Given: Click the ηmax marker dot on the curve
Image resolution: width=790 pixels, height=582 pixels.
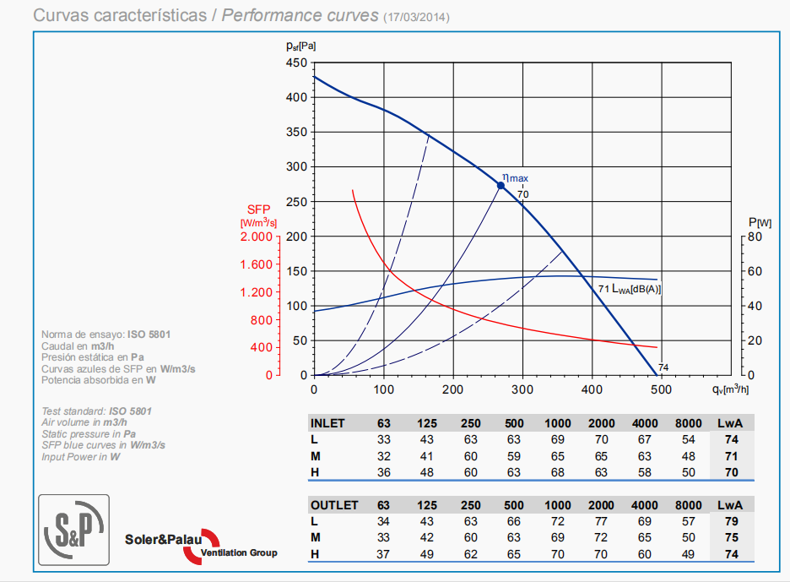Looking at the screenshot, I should coord(501,186).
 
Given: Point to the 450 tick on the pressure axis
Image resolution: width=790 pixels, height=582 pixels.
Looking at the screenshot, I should coord(296,63).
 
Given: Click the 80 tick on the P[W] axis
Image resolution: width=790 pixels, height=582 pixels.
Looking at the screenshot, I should coord(754,237).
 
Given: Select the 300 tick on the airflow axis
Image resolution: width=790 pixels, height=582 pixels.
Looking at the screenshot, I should coord(522,389).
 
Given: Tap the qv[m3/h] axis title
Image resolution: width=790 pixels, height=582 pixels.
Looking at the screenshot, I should coord(730,389).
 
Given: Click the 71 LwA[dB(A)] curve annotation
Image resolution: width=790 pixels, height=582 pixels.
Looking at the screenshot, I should coord(630,290).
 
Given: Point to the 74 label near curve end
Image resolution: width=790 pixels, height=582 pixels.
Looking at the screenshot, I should coord(663,367).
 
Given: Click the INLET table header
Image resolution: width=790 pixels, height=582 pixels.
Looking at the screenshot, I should coord(327,423).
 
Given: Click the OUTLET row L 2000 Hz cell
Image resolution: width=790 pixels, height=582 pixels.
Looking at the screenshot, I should coord(601,521).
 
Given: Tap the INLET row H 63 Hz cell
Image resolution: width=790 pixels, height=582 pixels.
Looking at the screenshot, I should coord(383,472).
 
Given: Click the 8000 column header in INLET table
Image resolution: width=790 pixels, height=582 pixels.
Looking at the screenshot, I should coord(689,423).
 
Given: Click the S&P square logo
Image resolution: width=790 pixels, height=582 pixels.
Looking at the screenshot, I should coord(73,529).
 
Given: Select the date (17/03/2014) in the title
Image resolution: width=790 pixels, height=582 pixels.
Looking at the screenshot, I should coord(416,17).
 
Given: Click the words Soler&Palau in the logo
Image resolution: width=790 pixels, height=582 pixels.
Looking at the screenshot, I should coord(163,539).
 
